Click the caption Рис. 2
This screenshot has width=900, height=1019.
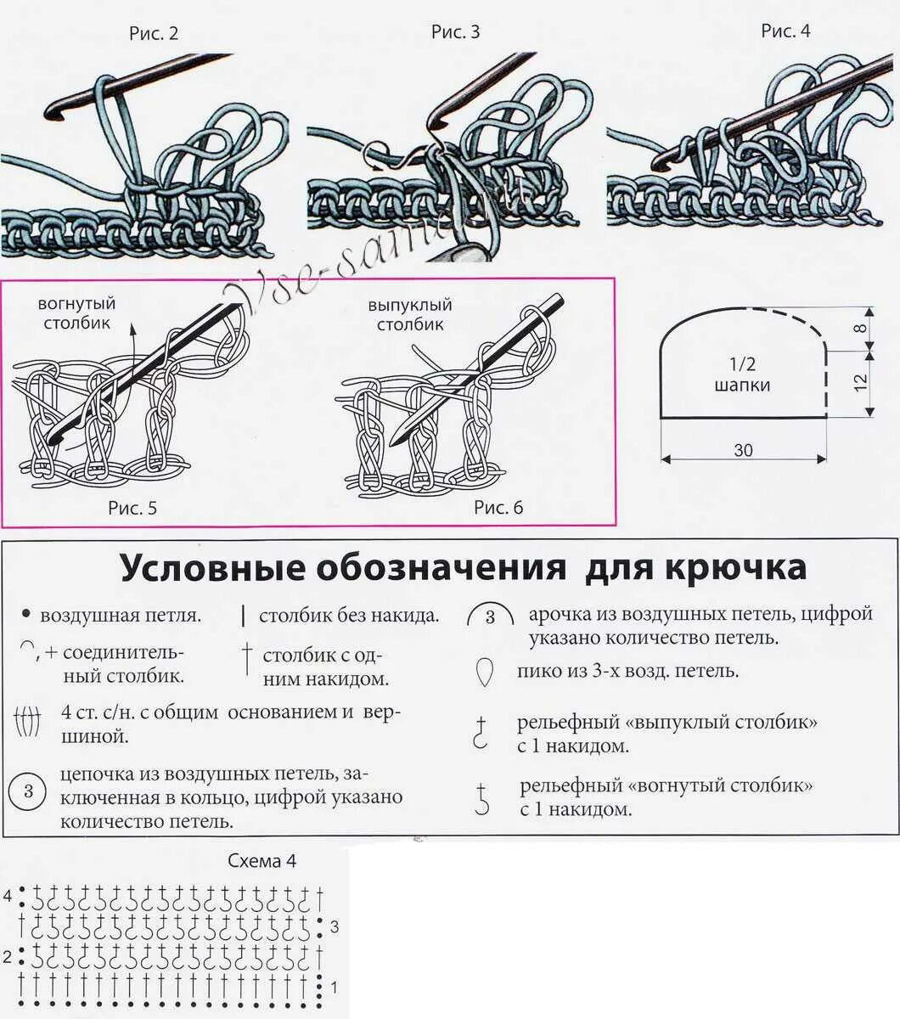click(154, 34)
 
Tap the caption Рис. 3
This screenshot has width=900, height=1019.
click(455, 32)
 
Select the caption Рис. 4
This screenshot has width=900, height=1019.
click(785, 31)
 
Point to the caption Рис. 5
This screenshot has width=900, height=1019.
click(132, 509)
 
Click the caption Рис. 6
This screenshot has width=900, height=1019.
click(498, 508)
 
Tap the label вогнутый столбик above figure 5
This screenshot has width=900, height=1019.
click(76, 312)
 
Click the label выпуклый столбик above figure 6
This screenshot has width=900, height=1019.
click(410, 314)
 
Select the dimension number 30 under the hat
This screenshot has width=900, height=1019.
click(743, 450)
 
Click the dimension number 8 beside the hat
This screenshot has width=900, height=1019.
click(861, 328)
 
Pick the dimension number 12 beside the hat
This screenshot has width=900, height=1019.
click(861, 383)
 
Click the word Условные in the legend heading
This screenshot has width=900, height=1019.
click(212, 567)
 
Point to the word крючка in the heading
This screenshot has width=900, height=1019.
click(739, 567)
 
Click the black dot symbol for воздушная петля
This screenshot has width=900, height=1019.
click(25, 613)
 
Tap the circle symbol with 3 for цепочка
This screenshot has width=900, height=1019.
click(28, 792)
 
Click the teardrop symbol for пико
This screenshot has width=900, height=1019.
click(485, 673)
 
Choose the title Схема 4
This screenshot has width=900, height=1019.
click(262, 861)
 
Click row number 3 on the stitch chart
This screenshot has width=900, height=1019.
click(335, 926)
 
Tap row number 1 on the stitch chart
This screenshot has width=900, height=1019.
click(334, 988)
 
